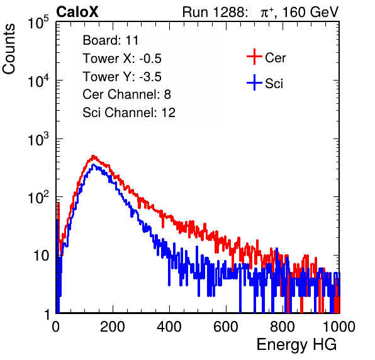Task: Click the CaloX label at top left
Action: [77, 12]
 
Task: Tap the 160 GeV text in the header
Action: [311, 12]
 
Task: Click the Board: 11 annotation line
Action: [111, 40]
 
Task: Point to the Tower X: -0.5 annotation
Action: [122, 59]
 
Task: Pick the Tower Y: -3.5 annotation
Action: [122, 77]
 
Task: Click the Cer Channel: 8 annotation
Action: [126, 94]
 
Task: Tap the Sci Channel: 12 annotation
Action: [129, 113]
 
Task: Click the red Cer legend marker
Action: [254, 57]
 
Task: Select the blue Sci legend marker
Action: [254, 83]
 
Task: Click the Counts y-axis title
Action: [9, 49]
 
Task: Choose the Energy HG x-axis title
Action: [296, 345]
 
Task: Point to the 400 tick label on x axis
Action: [169, 327]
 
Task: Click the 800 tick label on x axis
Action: [283, 327]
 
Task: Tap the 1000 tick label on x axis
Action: [339, 327]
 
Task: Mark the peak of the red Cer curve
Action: [93, 156]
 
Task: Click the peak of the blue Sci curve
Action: [93, 165]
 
